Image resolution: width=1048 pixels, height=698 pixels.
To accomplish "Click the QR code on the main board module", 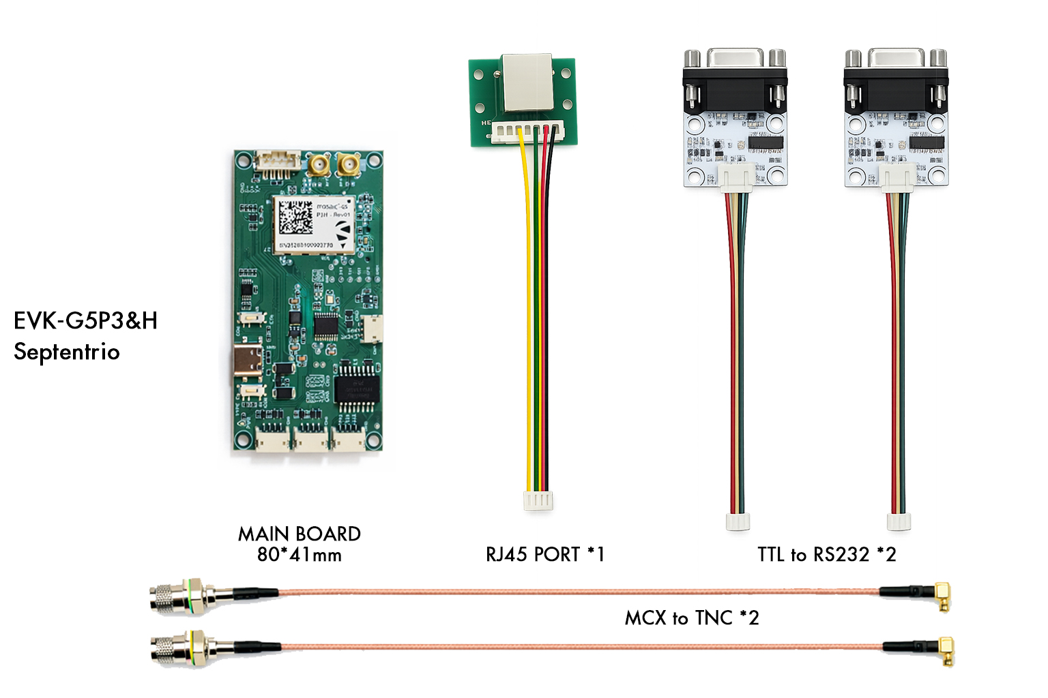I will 296,217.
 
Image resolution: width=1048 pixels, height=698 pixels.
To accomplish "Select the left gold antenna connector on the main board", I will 318,165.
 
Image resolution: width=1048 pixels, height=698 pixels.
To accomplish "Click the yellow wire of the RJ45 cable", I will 528,307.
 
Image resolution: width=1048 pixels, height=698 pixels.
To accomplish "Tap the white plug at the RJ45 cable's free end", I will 538,501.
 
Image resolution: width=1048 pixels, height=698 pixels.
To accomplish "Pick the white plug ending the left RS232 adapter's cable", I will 738,521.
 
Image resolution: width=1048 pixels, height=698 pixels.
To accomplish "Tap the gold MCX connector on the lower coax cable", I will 945,651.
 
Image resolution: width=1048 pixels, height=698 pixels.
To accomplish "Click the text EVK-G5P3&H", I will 85,320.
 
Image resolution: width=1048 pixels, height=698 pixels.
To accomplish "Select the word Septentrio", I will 67,352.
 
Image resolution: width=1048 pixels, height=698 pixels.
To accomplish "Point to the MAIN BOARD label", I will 299,534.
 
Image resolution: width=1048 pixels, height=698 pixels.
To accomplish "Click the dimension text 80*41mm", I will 299,555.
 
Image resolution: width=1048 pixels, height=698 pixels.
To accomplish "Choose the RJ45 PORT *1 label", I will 544,554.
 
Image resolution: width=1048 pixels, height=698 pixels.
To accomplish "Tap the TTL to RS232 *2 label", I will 826,554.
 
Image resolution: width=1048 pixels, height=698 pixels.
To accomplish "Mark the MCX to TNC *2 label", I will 691,618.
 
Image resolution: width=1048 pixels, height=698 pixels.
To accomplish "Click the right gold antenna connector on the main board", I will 349,165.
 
